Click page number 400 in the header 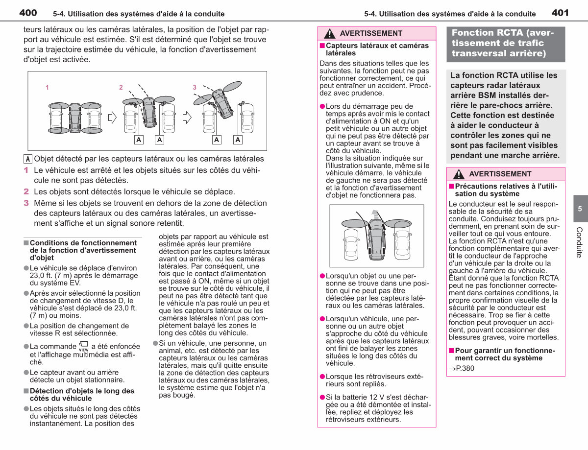pos(28,13)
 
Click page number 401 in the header pos(560,13)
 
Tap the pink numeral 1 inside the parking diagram pos(47,87)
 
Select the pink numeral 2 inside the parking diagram pos(121,87)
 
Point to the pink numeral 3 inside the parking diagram pos(195,87)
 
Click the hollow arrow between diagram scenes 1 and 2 pos(112,118)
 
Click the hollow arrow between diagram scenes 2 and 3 pos(187,118)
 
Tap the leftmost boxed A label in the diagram pos(139,140)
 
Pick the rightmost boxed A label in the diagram pos(238,140)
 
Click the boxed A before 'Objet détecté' pos(27,159)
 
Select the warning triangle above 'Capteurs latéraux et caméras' pos(330,33)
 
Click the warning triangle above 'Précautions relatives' pos(459,174)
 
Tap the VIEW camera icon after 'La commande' pos(84,346)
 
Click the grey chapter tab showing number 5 pos(581,209)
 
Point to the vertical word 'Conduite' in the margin pos(579,242)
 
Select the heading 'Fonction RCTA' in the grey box pos(503,43)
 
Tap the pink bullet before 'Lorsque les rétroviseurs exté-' pos(322,377)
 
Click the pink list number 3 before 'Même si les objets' pos(26,203)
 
